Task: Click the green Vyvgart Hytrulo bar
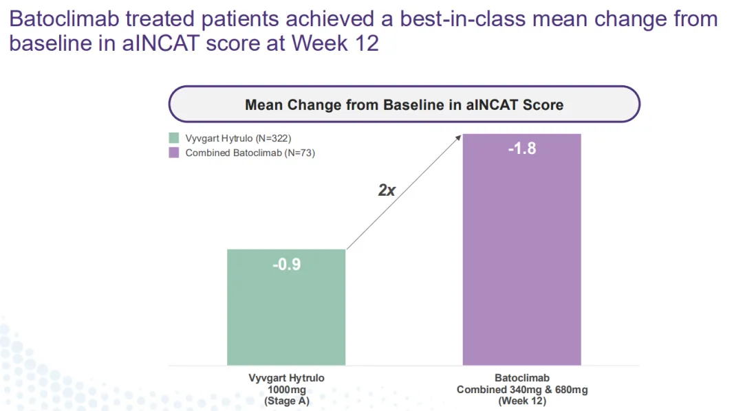[x=286, y=316]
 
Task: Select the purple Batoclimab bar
[x=521, y=261]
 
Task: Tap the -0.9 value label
[x=286, y=264]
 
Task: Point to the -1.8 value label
[x=521, y=148]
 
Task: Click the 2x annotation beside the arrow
[x=387, y=190]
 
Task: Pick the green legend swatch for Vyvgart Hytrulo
[x=174, y=138]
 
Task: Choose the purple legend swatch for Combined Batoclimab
[x=174, y=153]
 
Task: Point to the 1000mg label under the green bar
[x=286, y=390]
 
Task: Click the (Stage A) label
[x=286, y=401]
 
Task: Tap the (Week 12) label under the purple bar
[x=521, y=401]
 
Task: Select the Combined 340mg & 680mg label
[x=521, y=390]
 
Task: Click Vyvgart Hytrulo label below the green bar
[x=286, y=378]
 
